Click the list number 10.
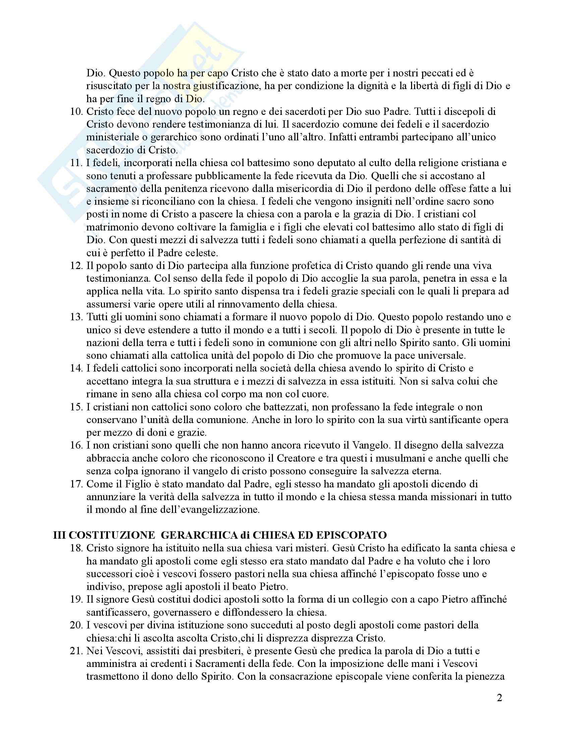click(77, 112)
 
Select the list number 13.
click(77, 317)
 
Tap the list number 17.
click(77, 484)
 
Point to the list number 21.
click(77, 651)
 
